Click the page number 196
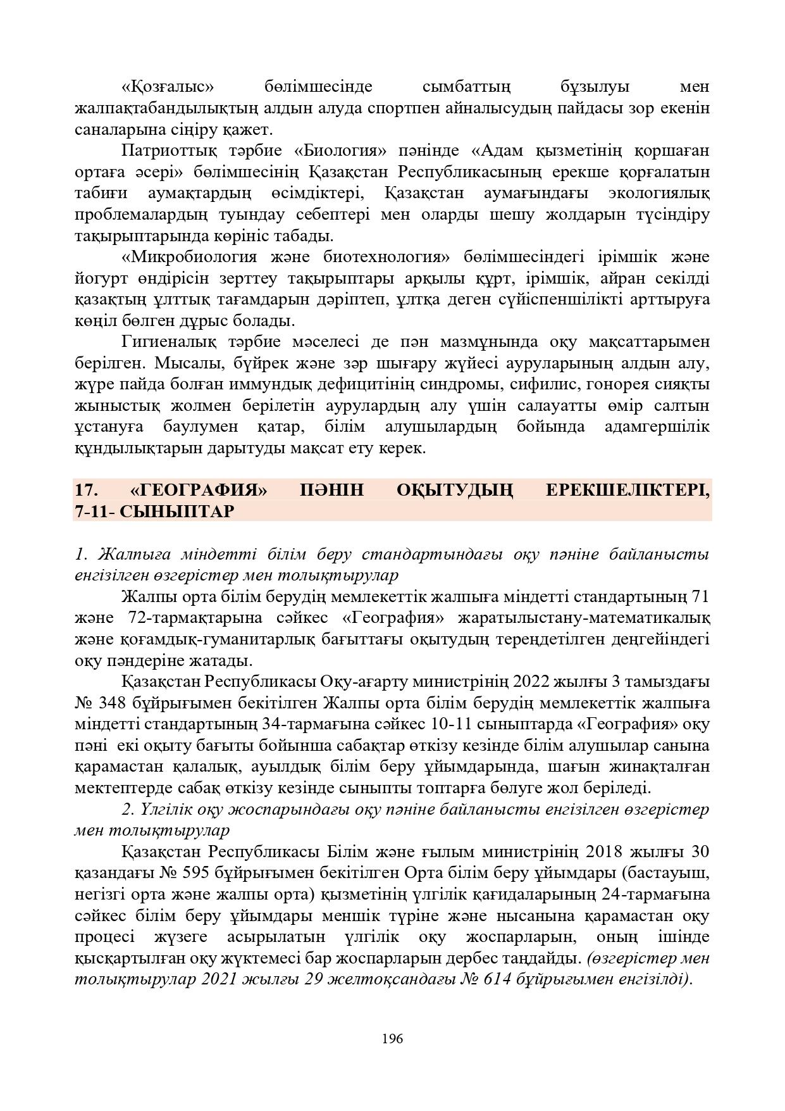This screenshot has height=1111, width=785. coord(392,1038)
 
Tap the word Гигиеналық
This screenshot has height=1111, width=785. coord(168,342)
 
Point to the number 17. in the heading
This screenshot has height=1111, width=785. coord(85,490)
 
